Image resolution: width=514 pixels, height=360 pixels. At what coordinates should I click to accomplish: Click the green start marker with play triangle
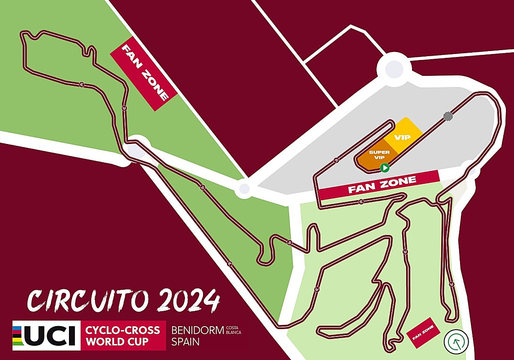tap(385, 168)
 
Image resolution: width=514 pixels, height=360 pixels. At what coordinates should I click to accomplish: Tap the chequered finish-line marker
tap(448, 116)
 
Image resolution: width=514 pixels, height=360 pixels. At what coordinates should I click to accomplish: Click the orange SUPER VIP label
tap(379, 155)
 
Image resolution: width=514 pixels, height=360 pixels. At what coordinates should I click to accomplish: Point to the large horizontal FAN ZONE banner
tap(379, 185)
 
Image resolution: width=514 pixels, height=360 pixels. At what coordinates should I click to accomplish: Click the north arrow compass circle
tap(456, 341)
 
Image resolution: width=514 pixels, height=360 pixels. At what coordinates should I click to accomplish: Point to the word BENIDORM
tap(197, 330)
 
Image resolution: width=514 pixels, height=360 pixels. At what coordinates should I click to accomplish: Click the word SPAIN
tap(185, 342)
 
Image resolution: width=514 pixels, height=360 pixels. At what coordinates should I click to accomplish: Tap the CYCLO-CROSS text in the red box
tap(123, 330)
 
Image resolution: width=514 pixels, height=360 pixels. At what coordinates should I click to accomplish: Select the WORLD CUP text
tap(117, 342)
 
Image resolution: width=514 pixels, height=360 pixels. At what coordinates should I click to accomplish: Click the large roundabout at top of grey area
tap(393, 67)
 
